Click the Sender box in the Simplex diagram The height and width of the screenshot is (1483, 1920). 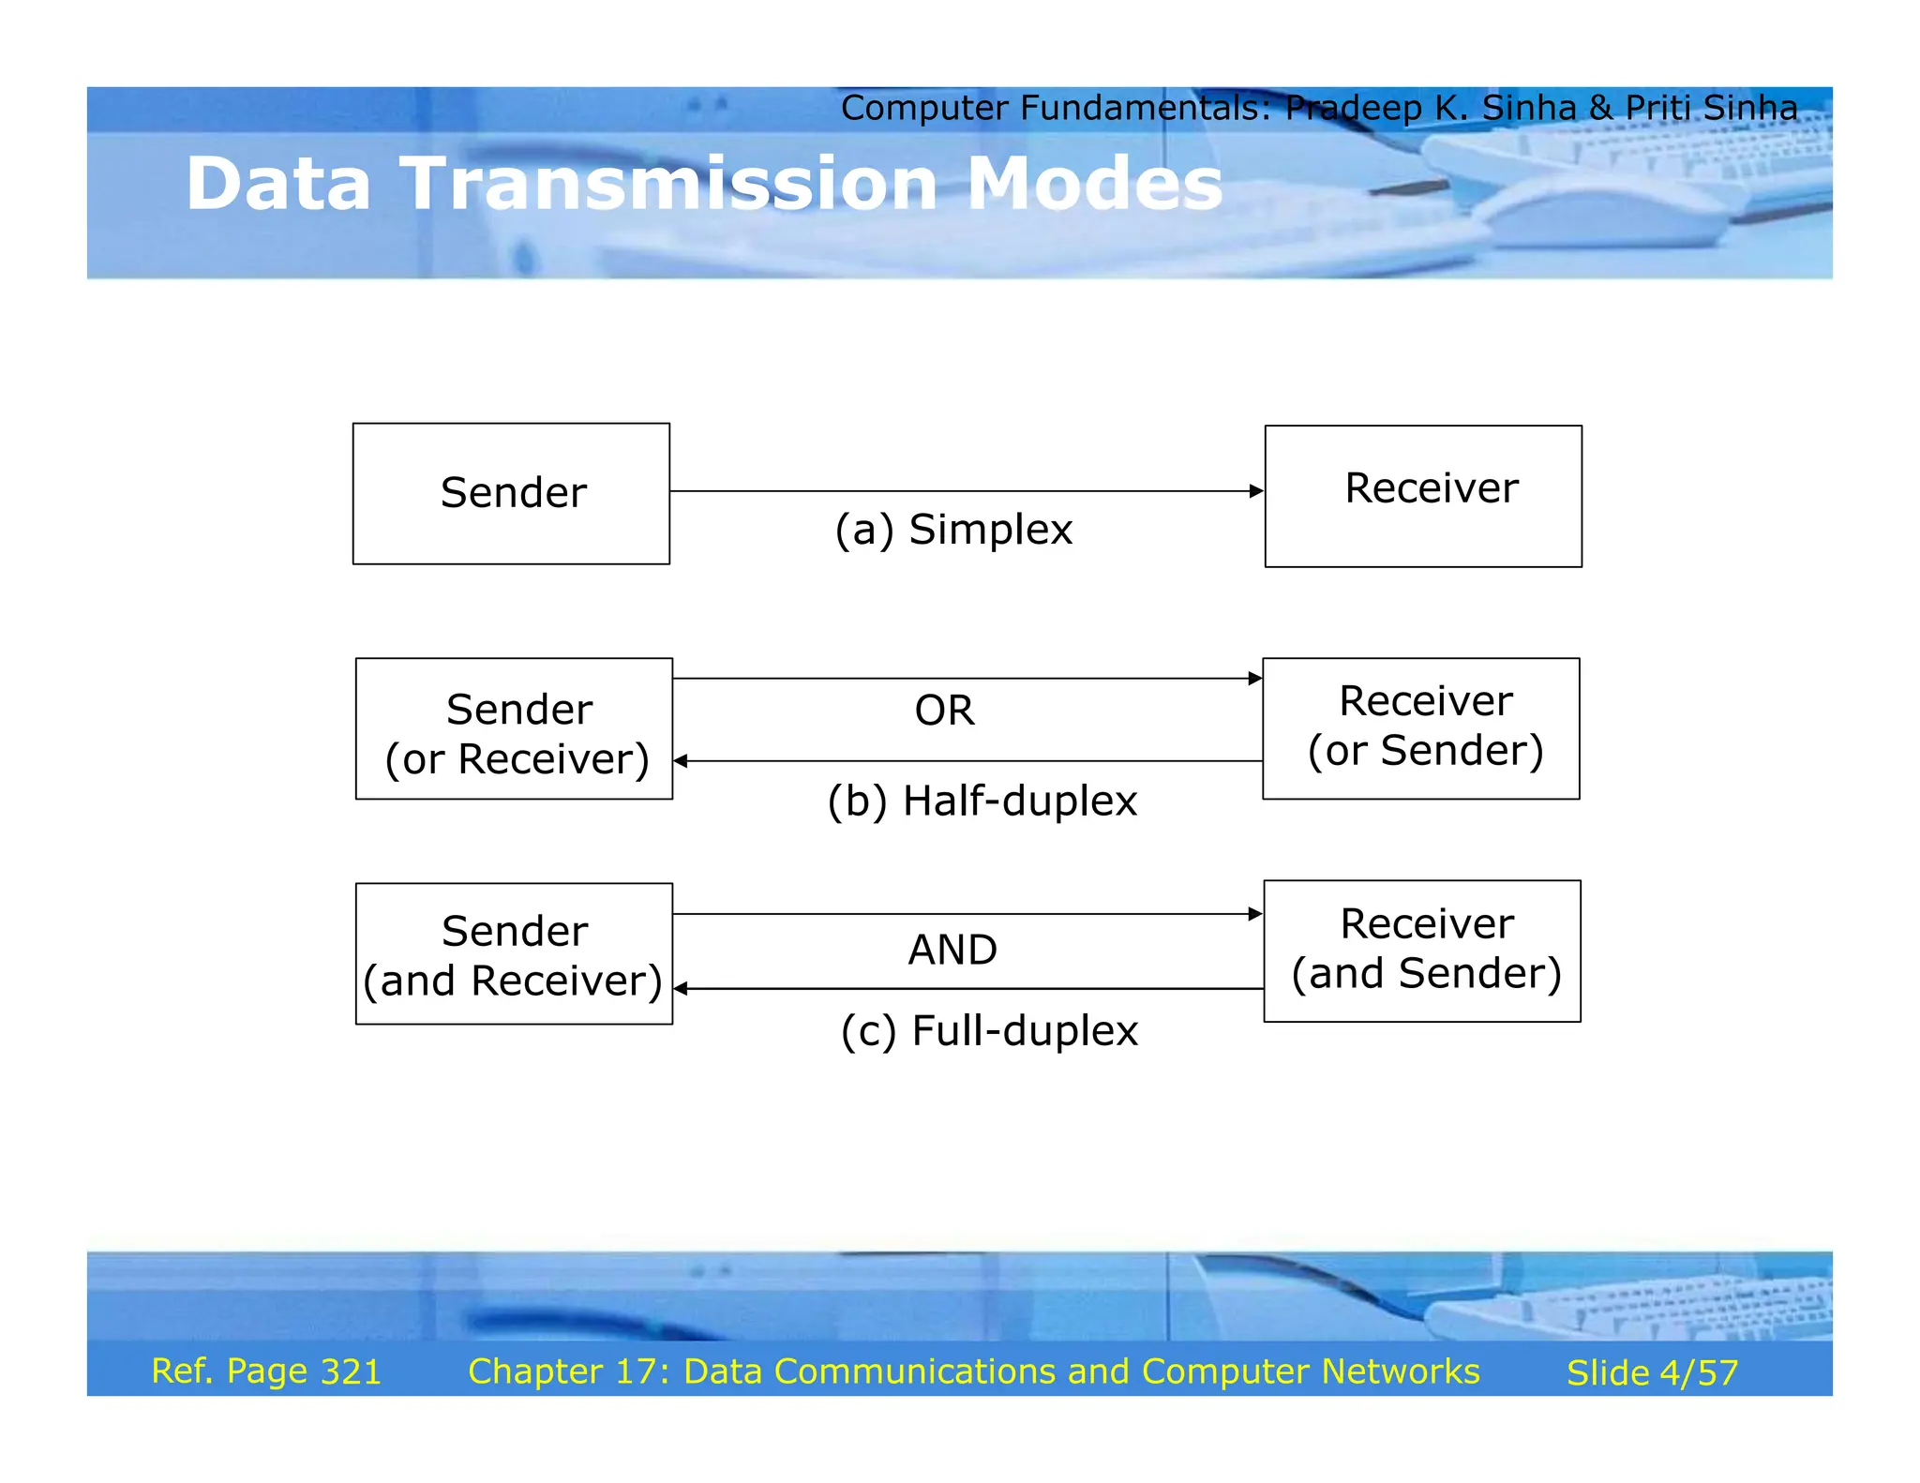coord(511,493)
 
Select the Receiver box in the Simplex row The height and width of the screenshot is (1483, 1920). coord(1422,496)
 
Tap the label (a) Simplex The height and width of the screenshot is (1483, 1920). coord(953,530)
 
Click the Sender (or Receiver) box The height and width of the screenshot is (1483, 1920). coord(514,728)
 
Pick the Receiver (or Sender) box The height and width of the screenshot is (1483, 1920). coord(1420,728)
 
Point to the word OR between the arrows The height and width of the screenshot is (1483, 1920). coord(944,711)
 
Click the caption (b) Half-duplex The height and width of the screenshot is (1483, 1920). coord(982,801)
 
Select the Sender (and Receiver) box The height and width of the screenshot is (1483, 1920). coord(514,953)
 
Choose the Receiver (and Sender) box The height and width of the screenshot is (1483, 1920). coord(1421,951)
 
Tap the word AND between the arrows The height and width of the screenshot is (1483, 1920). coord(952,951)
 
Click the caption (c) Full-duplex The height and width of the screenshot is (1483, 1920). coord(989,1031)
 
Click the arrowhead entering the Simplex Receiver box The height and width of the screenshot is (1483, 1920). coord(1256,491)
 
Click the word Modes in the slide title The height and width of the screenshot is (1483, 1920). coord(1094,184)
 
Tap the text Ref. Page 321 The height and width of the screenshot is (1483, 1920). coord(266,1371)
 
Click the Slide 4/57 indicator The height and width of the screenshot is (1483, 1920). coord(1652,1373)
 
